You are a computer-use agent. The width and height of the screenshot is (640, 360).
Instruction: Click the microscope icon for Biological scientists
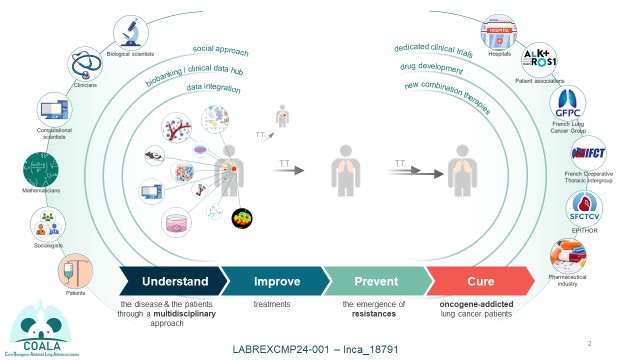[x=131, y=32]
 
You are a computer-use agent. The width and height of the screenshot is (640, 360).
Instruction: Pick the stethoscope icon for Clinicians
[x=85, y=65]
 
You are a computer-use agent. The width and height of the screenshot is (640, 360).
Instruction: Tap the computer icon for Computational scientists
[x=53, y=109]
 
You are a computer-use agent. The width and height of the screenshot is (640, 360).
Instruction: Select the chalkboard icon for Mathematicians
[x=41, y=163]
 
